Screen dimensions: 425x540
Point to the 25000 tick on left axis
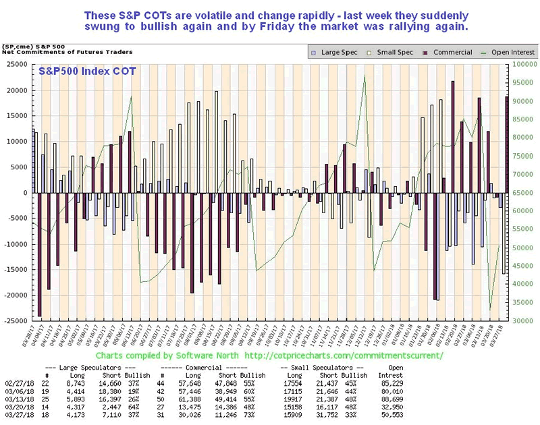point(16,65)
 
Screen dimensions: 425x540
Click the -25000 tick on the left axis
point(14,321)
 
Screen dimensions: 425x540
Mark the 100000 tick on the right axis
point(524,65)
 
